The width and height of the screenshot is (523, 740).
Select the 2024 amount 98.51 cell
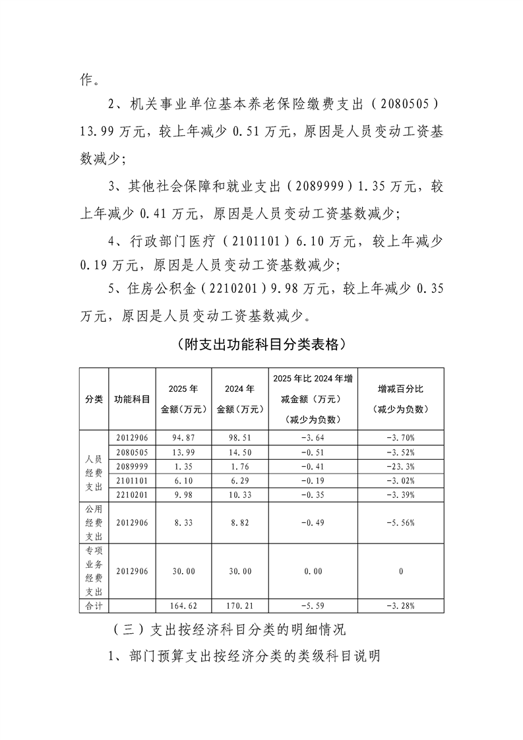238,437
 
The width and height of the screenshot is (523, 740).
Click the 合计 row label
93,605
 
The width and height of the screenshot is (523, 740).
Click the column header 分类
93,399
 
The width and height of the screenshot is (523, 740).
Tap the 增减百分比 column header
400,399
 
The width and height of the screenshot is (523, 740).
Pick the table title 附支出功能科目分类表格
261,344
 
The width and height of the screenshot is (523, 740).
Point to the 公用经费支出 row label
93,523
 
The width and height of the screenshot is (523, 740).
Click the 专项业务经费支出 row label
93,570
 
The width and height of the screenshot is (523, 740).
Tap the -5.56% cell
400,523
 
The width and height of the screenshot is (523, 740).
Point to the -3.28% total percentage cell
400,605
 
